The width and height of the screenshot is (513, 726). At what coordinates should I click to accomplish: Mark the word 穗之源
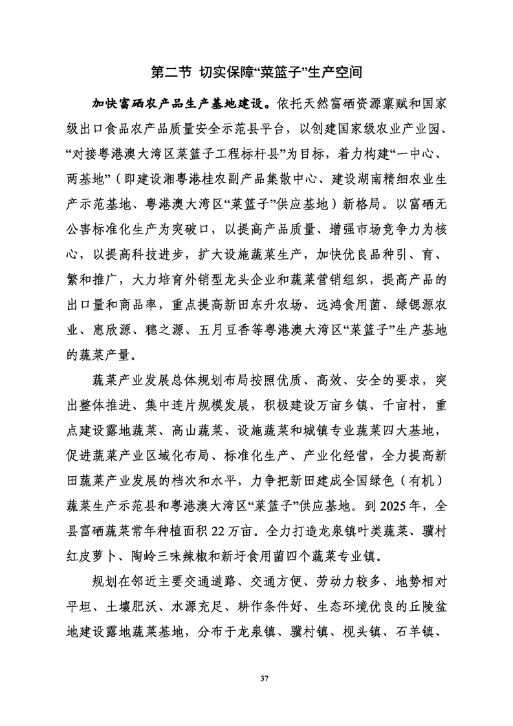158,331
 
